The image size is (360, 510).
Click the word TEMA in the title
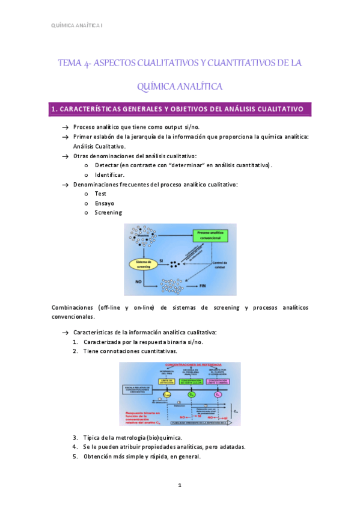[x=70, y=63]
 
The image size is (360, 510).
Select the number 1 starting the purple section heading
[x=54, y=109]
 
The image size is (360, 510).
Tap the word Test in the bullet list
[x=100, y=194]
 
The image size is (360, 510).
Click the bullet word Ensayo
[x=105, y=203]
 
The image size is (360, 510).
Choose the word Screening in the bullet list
[x=108, y=212]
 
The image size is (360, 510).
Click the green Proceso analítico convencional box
[x=211, y=235]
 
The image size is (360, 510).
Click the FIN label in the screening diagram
[x=203, y=287]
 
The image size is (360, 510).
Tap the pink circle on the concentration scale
[x=218, y=394]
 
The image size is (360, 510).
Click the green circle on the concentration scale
[x=190, y=394]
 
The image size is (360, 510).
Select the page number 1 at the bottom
[x=180, y=484]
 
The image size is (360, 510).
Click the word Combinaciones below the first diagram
[x=72, y=307]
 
